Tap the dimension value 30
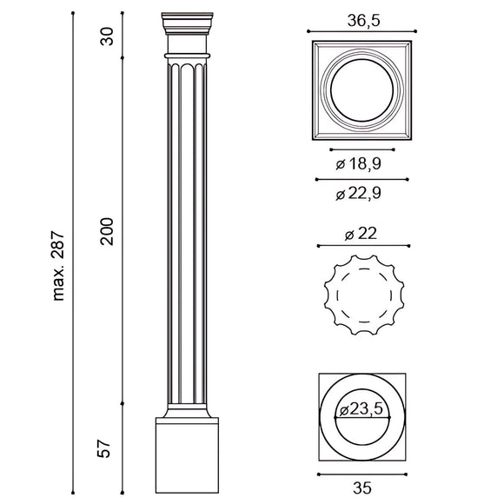point(108,36)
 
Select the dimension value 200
point(108,229)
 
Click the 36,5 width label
point(361,21)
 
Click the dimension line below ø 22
point(361,244)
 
